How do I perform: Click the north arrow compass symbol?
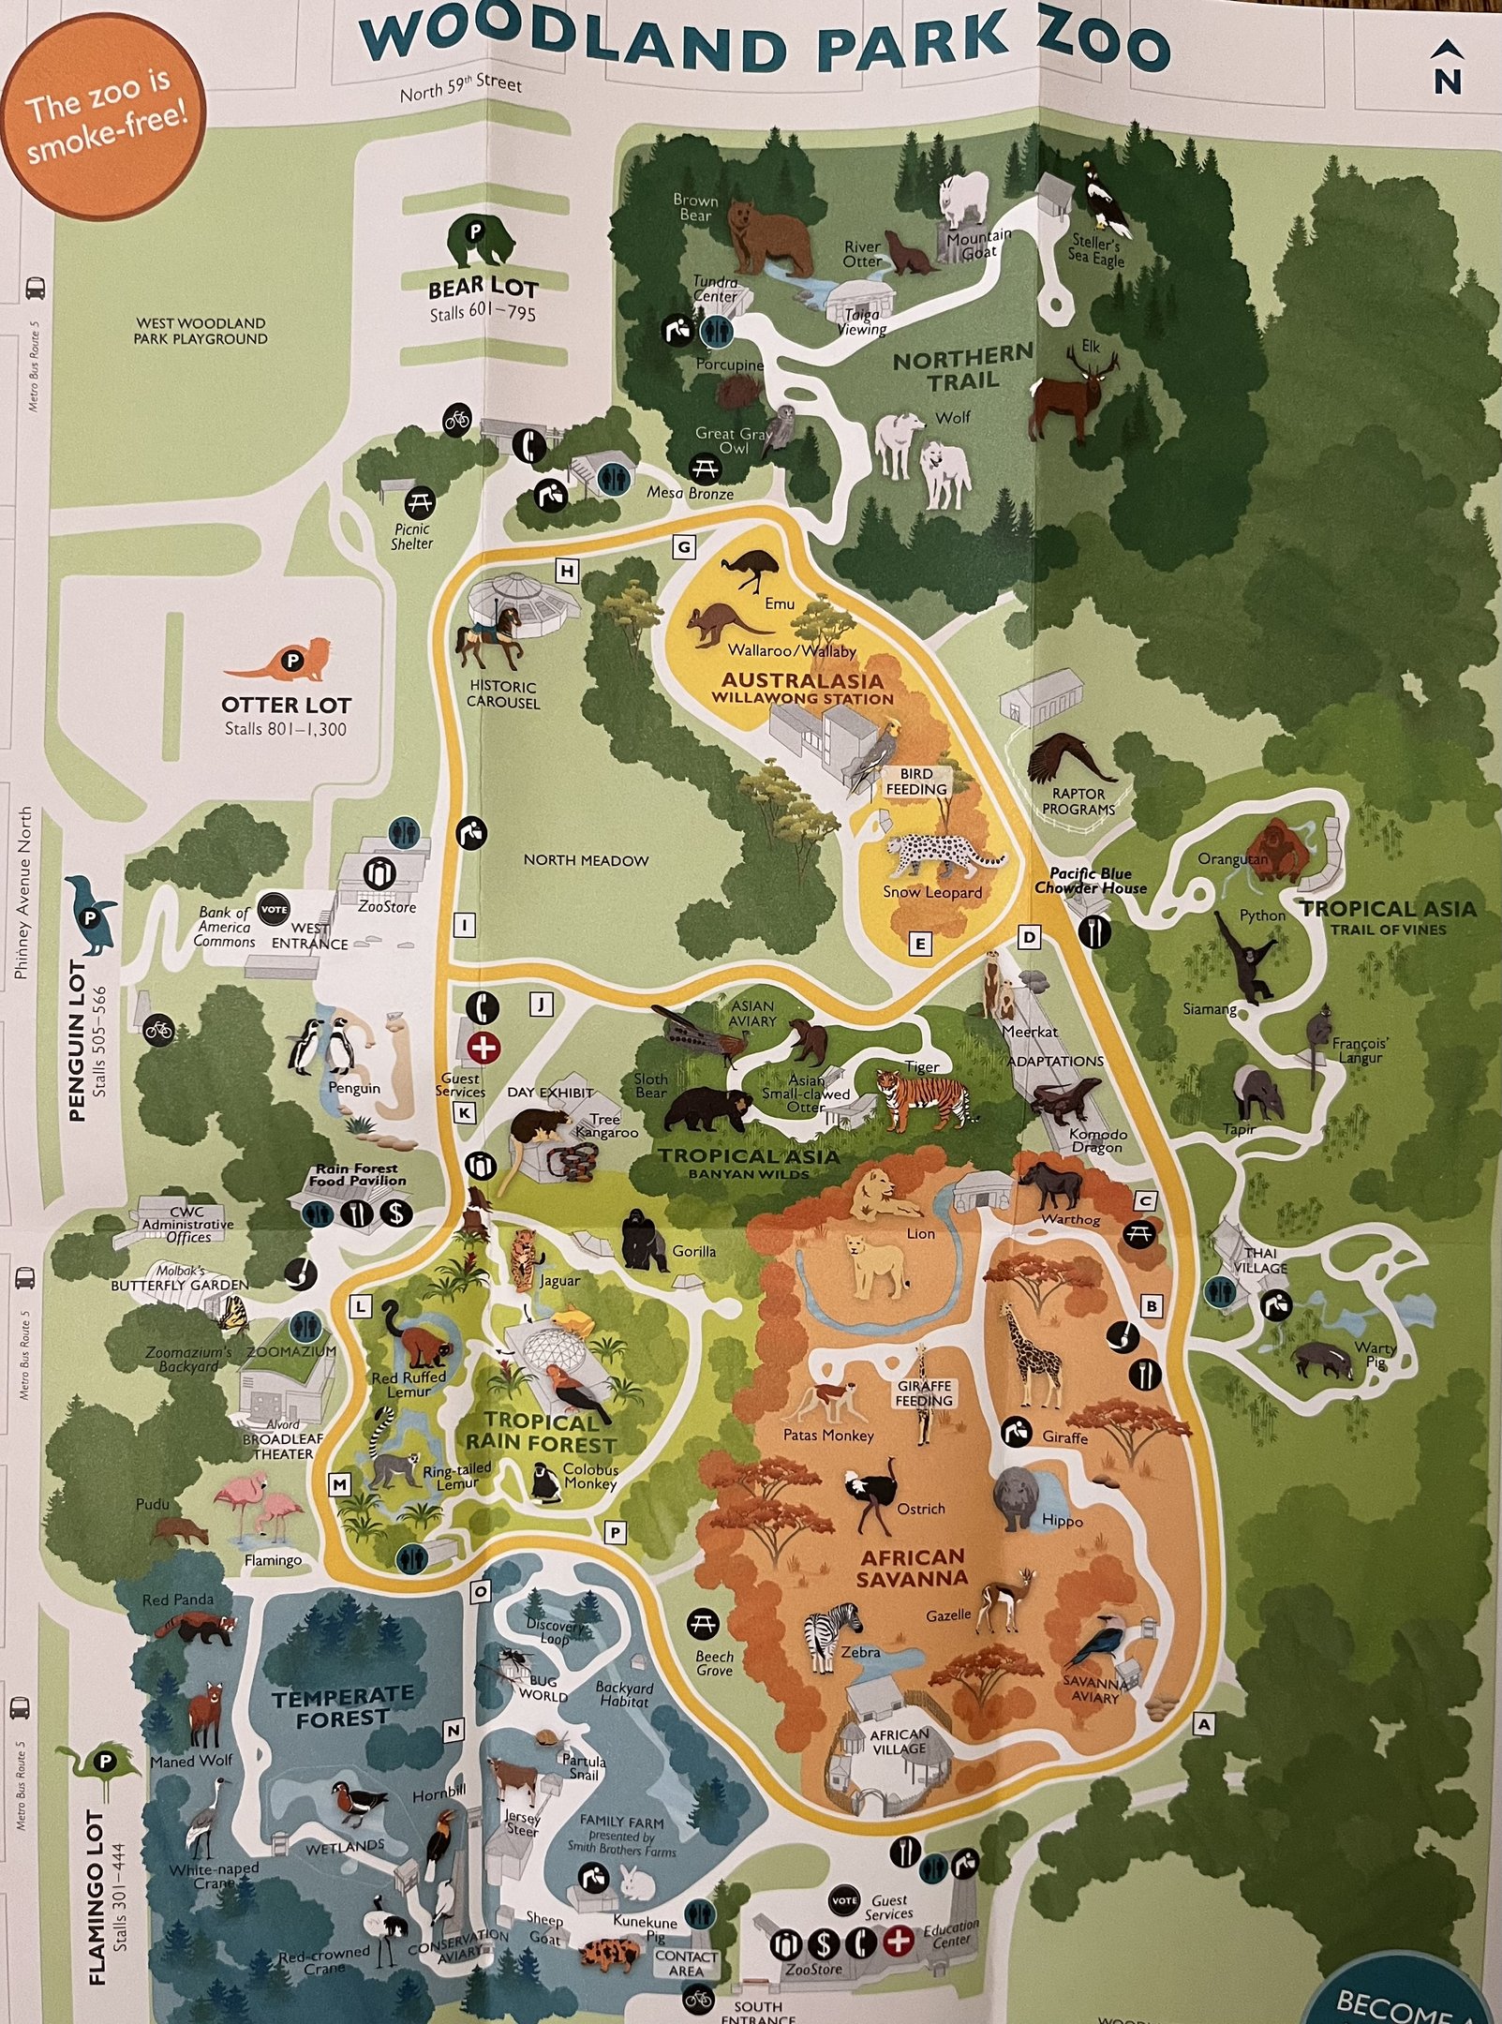coord(1447,69)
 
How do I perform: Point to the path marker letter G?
coord(684,547)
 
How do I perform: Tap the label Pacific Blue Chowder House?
coord(1090,880)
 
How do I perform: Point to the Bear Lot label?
coord(483,287)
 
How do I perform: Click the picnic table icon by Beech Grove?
coord(702,1624)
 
